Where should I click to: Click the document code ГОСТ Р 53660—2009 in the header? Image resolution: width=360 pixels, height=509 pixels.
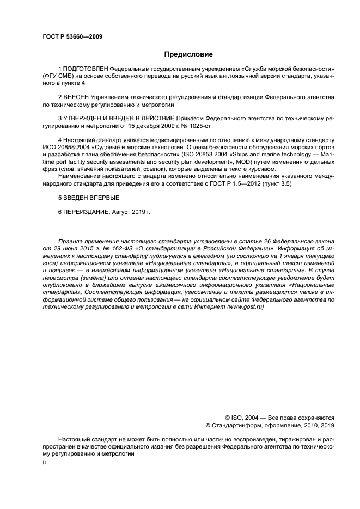click(72, 37)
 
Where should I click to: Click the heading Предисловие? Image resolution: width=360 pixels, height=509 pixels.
click(188, 54)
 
